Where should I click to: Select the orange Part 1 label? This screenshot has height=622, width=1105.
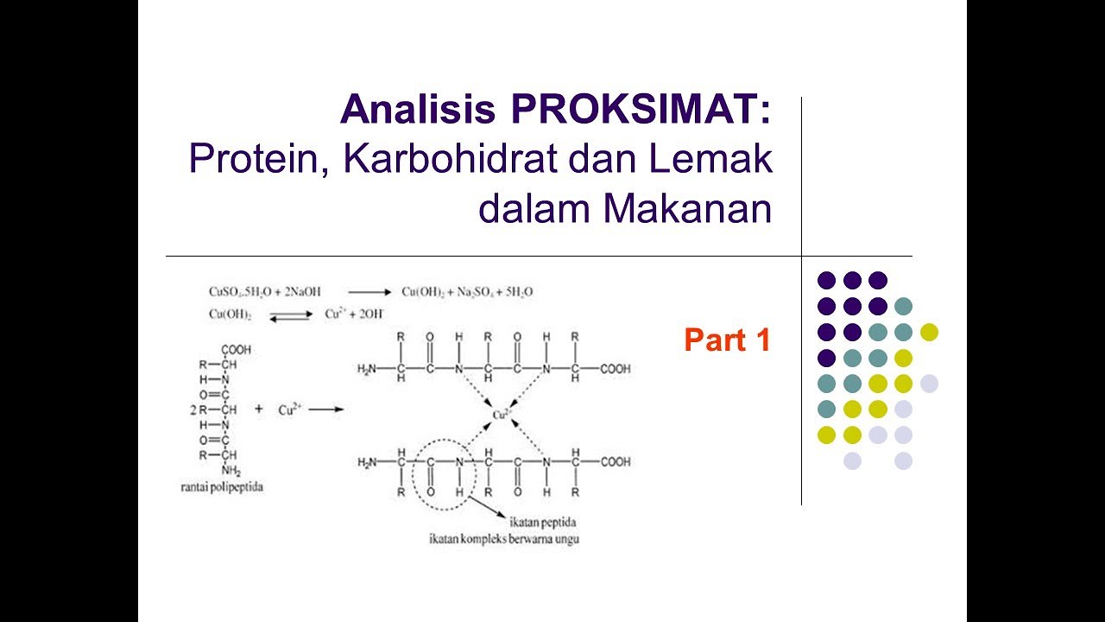(x=726, y=340)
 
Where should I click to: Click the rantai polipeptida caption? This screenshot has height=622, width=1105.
(x=216, y=487)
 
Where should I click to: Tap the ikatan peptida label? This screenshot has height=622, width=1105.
(x=543, y=524)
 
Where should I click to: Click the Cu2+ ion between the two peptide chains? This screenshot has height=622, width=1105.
(x=501, y=415)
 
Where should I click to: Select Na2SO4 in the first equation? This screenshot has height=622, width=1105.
(x=471, y=293)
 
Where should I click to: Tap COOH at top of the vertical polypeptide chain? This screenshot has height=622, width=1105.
(x=236, y=350)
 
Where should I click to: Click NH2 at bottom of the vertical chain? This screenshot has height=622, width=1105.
(x=230, y=471)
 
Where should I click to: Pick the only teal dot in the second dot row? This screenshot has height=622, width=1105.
(x=903, y=306)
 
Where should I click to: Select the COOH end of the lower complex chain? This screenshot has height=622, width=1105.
(x=616, y=462)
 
